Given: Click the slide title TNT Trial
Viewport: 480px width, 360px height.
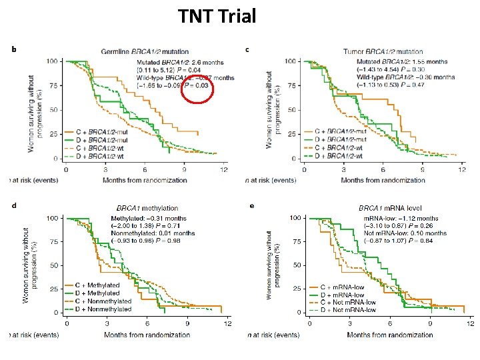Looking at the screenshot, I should pos(217,16).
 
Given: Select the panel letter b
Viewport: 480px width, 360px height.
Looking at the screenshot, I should pos(14,49).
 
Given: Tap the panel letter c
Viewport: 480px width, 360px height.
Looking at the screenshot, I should pos(247,49).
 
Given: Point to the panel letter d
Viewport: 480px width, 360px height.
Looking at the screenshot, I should pos(14,206).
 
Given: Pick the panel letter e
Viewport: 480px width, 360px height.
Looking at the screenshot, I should pos(251,206).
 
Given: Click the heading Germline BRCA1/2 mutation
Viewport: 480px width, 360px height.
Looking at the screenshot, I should pos(144,51).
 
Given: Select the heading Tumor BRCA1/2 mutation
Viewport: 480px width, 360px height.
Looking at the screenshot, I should pos(383,51).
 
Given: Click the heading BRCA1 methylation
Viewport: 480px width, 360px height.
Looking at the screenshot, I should pos(147,209).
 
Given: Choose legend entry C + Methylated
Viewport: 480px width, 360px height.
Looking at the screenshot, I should pos(97,285).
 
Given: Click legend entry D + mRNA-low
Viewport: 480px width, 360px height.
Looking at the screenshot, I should pos(342,295).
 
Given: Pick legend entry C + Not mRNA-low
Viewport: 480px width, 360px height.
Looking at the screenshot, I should pos(347,303).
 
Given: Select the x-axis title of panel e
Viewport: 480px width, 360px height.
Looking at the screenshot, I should pos(389,335).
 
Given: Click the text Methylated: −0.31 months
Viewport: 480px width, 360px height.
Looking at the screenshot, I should pos(149,218).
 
